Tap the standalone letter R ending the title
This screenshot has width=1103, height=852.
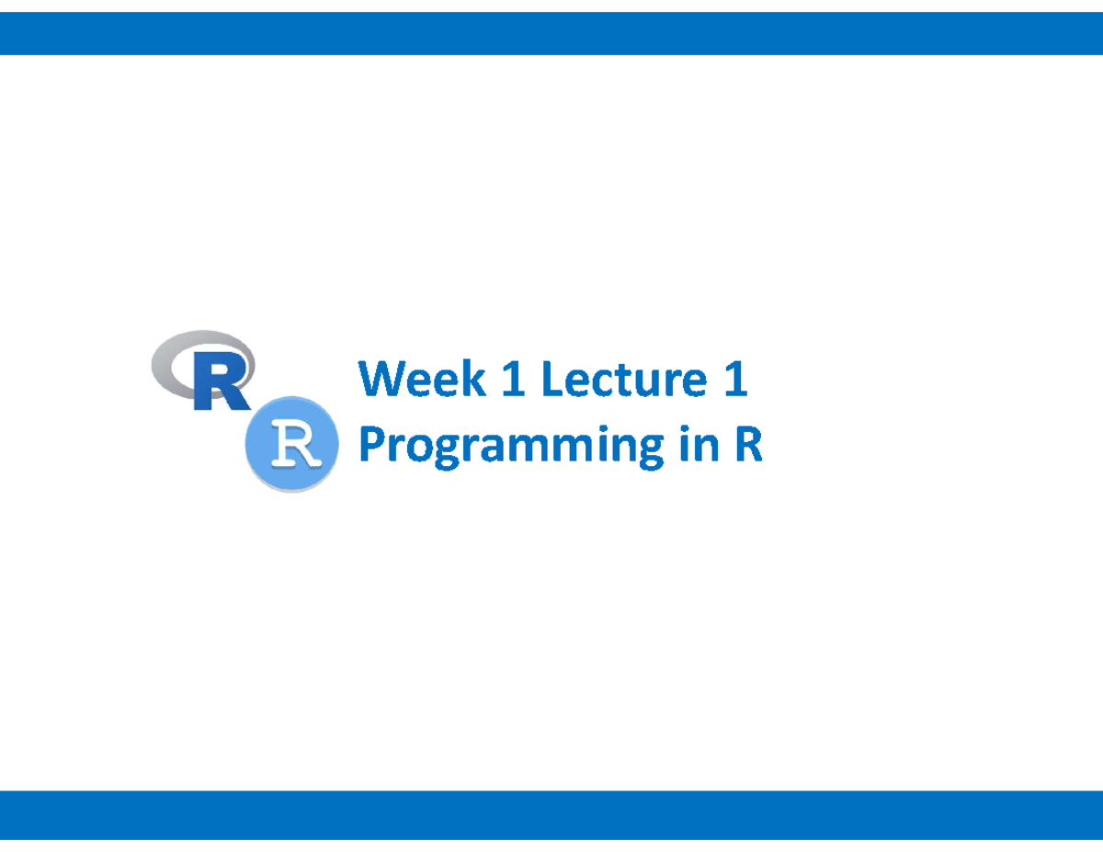click(x=747, y=447)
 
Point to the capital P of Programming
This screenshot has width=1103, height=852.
click(x=370, y=447)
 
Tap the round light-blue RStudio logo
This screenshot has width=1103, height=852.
click(x=290, y=444)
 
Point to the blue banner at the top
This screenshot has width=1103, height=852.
click(x=551, y=34)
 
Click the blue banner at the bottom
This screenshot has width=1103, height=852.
click(x=551, y=814)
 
